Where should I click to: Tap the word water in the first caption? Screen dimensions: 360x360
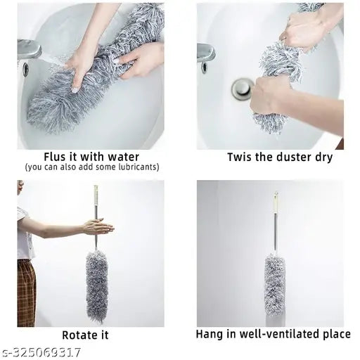122,157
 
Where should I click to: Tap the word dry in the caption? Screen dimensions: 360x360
323,157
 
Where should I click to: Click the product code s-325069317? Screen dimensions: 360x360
41,352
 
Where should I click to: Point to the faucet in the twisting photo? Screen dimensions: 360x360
206,53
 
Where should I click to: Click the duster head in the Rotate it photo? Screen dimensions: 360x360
97,287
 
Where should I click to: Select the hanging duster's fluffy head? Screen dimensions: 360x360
275,285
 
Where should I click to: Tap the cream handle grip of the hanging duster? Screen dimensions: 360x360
276,202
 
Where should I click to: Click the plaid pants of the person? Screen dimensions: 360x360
27,293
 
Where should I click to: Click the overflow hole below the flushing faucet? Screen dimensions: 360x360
26,68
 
